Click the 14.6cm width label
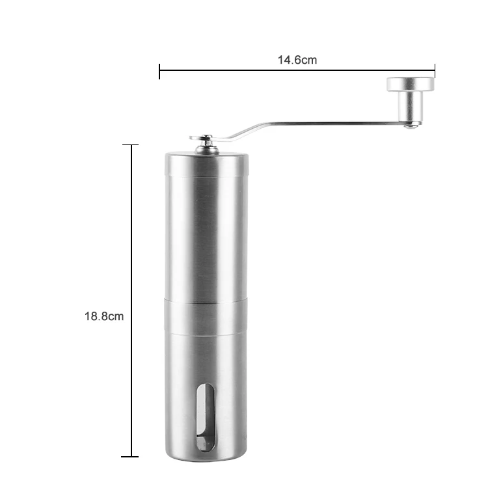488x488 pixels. coord(297,60)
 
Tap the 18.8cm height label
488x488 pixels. coord(103,316)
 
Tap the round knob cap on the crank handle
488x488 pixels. coord(411,84)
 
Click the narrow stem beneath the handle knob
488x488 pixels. coord(411,105)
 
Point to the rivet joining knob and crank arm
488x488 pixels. coord(409,124)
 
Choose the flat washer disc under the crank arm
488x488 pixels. coord(195,138)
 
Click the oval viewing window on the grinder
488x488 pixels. coord(204,416)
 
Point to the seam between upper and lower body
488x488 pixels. coord(204,301)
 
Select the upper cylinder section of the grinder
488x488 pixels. coord(204,228)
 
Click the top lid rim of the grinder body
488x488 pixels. coord(204,156)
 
